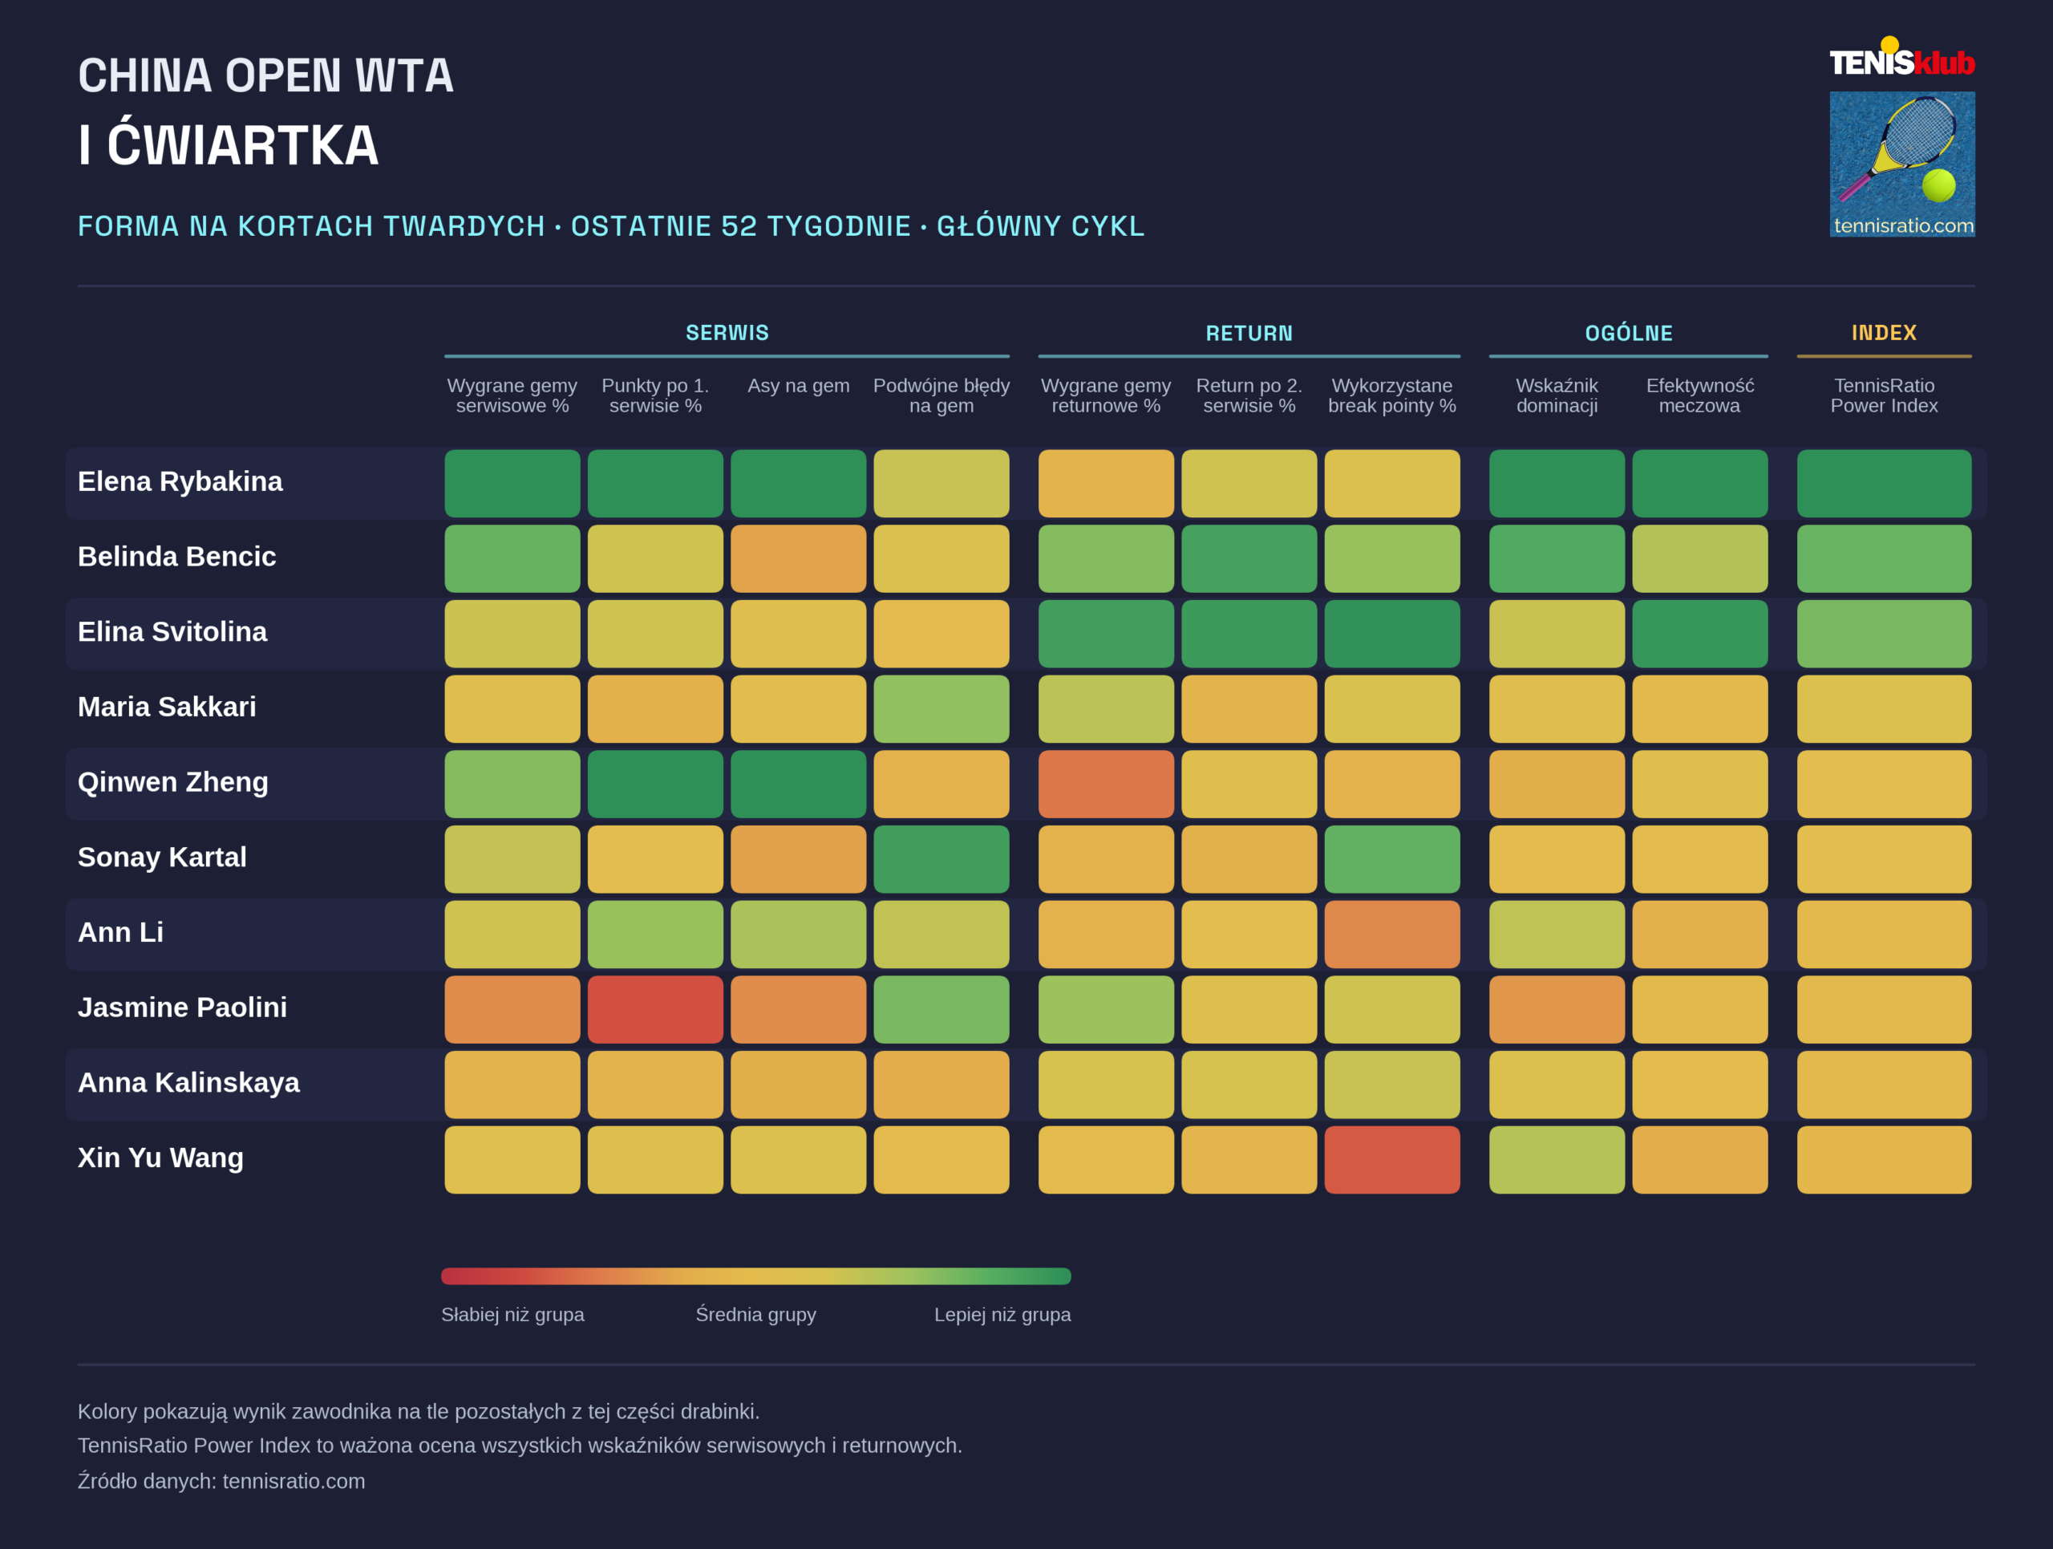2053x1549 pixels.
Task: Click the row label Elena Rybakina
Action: point(180,481)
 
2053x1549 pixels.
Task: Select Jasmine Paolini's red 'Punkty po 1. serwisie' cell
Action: point(655,1009)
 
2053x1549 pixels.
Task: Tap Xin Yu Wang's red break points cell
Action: point(1392,1159)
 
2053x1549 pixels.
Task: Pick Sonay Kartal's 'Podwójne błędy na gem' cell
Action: point(941,858)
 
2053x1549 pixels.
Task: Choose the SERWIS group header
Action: point(727,332)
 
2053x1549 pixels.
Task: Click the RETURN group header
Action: point(1249,333)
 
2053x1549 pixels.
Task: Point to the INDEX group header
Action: point(1884,332)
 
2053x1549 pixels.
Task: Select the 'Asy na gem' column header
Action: point(798,385)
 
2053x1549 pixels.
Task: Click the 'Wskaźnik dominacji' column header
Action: point(1557,395)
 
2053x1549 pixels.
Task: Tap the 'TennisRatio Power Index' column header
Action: point(1884,395)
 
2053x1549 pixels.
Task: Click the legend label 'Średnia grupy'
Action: point(755,1314)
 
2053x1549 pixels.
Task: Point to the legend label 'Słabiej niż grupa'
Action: point(512,1314)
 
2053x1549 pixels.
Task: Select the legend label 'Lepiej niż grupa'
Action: point(1002,1314)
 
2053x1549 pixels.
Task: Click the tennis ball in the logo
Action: point(1938,185)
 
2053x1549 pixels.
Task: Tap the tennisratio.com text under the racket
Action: point(1903,225)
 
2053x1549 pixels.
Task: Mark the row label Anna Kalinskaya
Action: point(188,1083)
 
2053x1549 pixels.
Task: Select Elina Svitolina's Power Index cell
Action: point(1884,633)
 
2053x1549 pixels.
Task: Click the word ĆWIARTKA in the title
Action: point(243,144)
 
